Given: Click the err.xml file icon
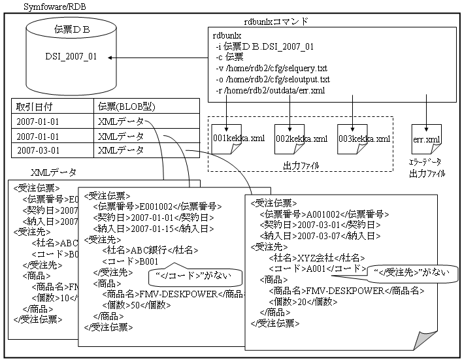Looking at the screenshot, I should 425,140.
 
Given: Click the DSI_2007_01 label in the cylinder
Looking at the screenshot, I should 71,57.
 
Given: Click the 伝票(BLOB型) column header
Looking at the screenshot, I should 126,106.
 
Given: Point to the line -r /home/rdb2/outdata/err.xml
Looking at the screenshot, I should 270,90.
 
